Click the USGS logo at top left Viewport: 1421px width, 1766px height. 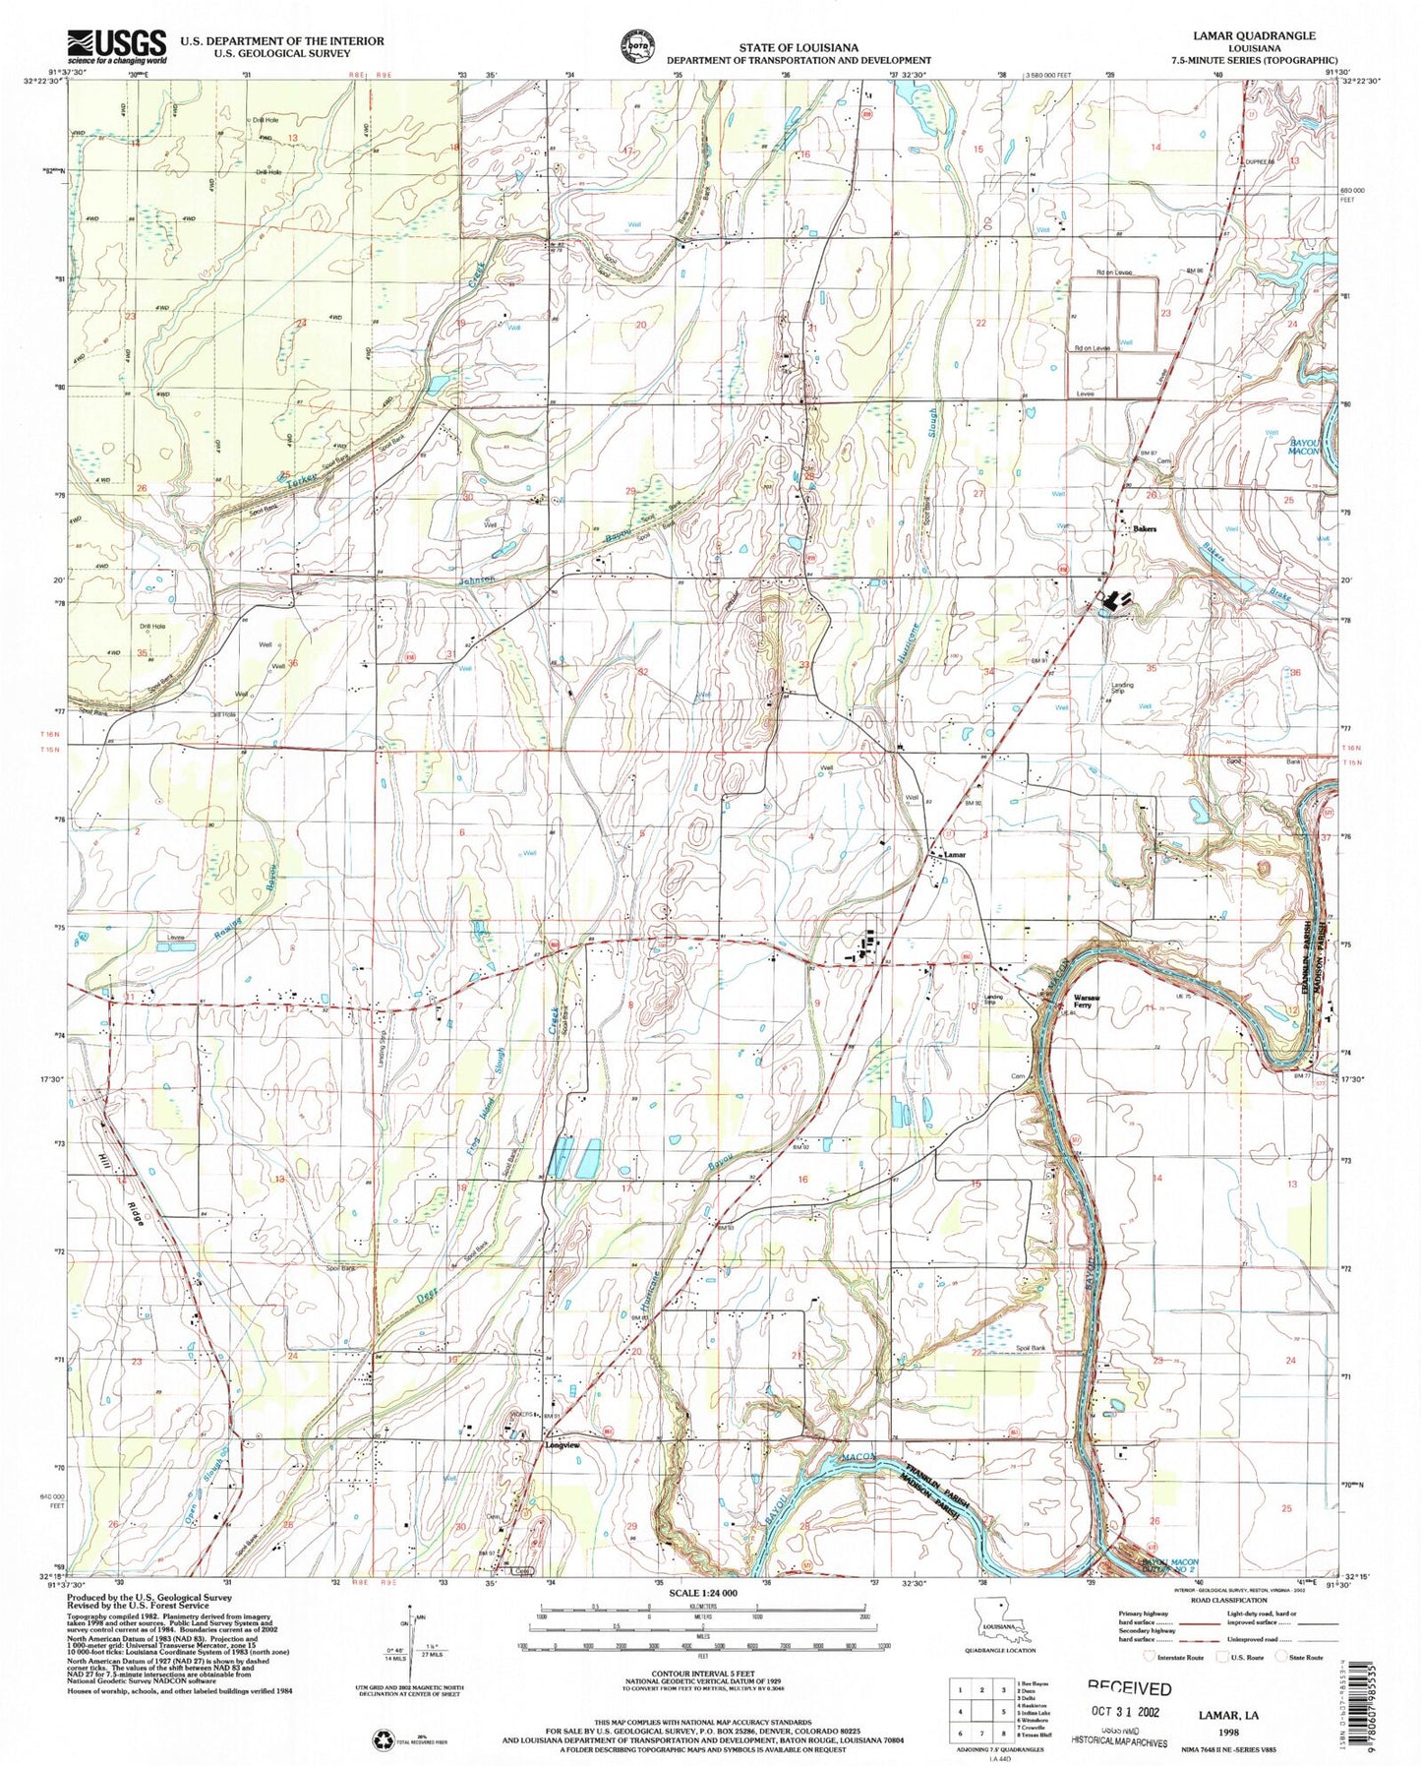coord(116,44)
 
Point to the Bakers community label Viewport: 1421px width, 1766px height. coord(1145,528)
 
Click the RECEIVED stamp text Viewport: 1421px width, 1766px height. coord(1128,1689)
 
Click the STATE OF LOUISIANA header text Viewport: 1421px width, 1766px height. coord(799,47)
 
